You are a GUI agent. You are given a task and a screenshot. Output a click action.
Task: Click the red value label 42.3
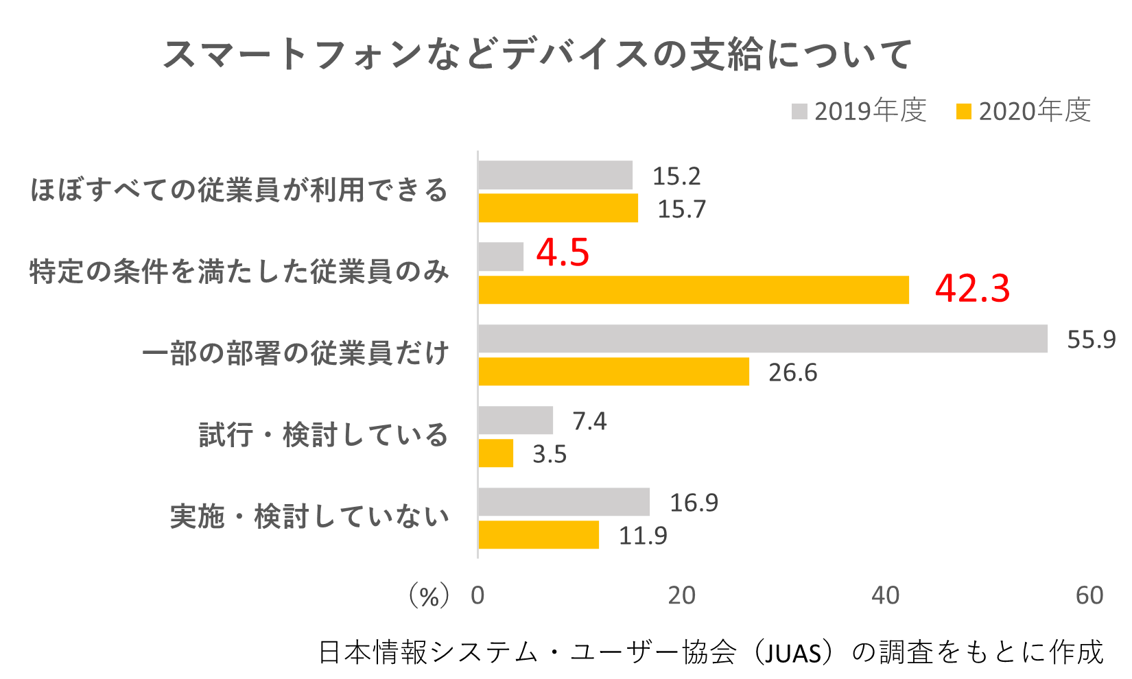(972, 288)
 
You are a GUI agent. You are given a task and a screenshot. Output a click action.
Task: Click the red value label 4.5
(563, 252)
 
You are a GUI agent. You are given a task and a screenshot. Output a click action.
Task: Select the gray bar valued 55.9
(763, 339)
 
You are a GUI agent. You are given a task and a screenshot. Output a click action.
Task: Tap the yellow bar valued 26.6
(613, 372)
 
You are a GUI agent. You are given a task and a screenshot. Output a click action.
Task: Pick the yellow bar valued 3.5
(495, 453)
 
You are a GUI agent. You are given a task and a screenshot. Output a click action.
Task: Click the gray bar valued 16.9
(564, 502)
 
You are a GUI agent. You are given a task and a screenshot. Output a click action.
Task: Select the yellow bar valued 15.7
(558, 209)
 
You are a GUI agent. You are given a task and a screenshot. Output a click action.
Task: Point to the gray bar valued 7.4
(515, 420)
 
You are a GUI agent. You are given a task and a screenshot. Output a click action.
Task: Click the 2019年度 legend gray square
(799, 111)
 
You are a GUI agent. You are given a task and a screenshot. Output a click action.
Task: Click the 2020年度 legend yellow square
(964, 111)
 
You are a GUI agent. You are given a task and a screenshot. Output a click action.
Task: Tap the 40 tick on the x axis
(885, 595)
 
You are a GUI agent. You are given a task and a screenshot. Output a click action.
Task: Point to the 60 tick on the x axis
(1089, 595)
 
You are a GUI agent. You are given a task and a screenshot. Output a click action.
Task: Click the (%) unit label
(429, 595)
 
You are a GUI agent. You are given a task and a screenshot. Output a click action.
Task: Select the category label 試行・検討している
(323, 435)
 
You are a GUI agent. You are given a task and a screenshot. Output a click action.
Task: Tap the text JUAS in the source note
(792, 653)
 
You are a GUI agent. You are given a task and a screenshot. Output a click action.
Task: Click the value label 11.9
(643, 536)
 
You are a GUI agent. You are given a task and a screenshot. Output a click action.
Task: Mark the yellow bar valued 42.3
(693, 290)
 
